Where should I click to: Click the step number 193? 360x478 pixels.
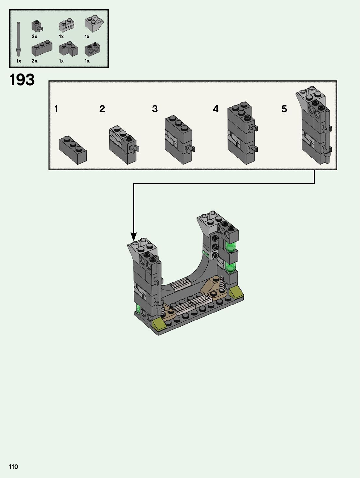[22, 80]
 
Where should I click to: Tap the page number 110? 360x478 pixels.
[13, 467]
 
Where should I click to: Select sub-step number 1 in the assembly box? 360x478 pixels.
[56, 109]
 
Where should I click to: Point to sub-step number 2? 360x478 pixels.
[102, 109]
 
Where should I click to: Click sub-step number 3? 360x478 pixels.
[155, 109]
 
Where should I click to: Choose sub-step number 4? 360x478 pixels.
[216, 109]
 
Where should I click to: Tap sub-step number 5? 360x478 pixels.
[284, 109]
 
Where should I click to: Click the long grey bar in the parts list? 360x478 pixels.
[19, 39]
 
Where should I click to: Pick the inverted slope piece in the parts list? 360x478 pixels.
[94, 23]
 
